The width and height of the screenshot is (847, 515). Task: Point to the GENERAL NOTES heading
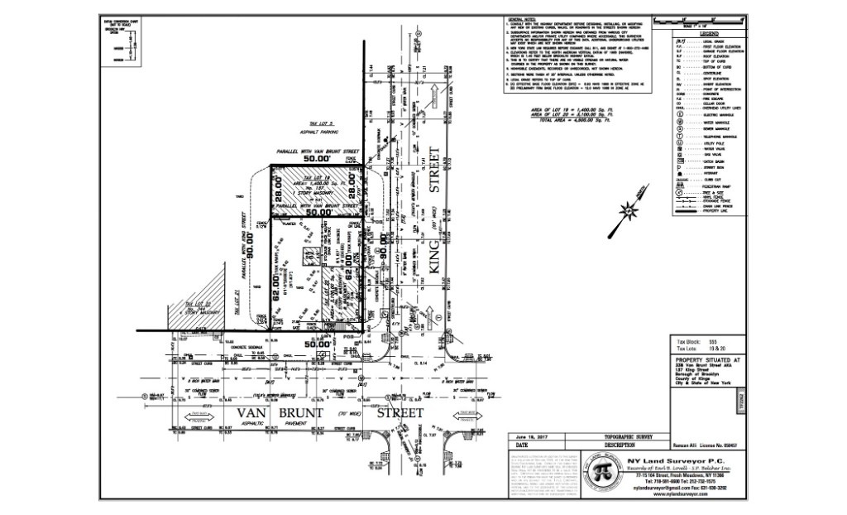[x=522, y=17]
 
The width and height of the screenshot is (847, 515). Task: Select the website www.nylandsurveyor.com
[x=671, y=496]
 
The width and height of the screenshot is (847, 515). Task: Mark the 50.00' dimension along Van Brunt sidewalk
[x=317, y=342]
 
